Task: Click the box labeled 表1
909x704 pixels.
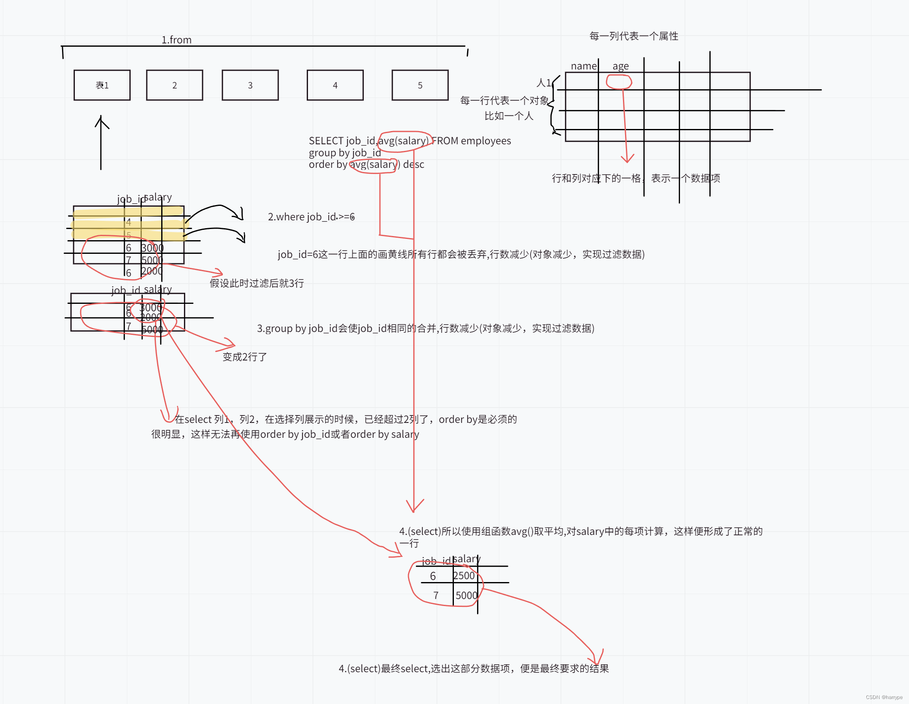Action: [102, 85]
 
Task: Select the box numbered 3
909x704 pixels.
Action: [250, 85]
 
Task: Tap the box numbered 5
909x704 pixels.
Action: [420, 85]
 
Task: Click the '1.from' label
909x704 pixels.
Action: [177, 40]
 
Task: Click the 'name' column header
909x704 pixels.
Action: [584, 66]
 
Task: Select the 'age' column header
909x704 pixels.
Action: [620, 66]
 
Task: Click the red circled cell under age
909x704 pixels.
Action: [619, 81]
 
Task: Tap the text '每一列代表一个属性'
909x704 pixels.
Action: [633, 36]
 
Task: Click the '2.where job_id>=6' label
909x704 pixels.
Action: [311, 217]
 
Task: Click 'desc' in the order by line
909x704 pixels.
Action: [413, 165]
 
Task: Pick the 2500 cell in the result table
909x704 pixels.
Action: [464, 576]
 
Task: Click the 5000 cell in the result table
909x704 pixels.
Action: [466, 595]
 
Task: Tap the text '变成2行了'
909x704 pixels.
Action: [245, 357]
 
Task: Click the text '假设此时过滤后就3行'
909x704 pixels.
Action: [256, 283]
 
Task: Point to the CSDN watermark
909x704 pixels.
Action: [884, 697]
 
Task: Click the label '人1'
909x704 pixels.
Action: [544, 83]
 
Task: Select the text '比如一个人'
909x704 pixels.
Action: [508, 116]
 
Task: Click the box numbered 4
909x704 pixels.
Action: [335, 85]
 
